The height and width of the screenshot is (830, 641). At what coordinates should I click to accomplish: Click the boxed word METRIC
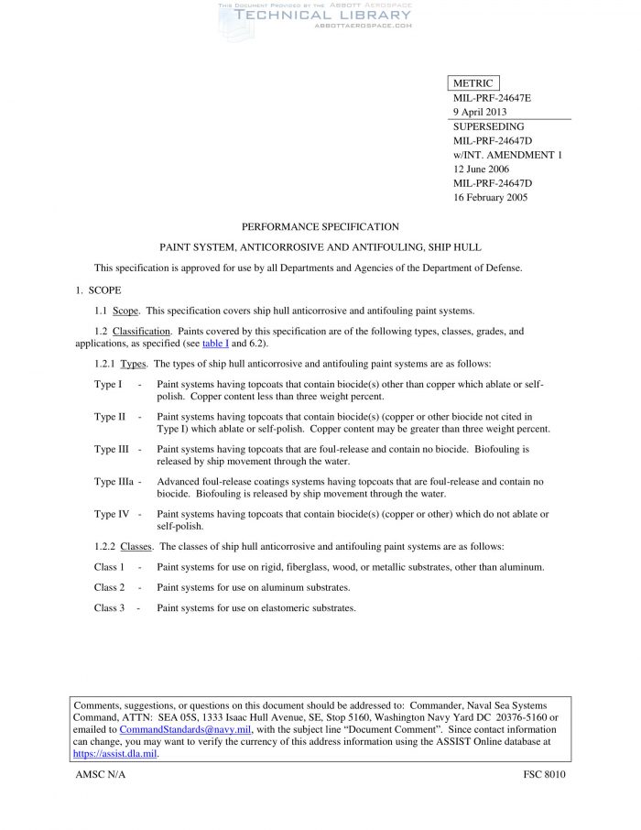tap(473, 83)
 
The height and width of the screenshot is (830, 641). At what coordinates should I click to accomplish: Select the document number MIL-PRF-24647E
tap(492, 98)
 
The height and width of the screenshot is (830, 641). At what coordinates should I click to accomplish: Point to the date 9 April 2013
tap(480, 112)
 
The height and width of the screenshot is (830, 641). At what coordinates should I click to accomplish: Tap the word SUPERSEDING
tap(489, 126)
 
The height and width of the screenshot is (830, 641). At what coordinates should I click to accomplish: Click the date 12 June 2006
tap(481, 169)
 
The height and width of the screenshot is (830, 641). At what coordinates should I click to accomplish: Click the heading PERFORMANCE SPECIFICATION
tap(320, 226)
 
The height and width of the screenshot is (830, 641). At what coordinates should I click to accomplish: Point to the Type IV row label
tap(111, 514)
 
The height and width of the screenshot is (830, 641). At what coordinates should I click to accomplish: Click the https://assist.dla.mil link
tap(115, 753)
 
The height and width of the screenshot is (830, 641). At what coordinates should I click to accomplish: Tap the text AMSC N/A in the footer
tap(101, 775)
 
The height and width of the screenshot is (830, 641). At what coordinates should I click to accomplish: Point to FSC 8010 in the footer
tap(544, 775)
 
